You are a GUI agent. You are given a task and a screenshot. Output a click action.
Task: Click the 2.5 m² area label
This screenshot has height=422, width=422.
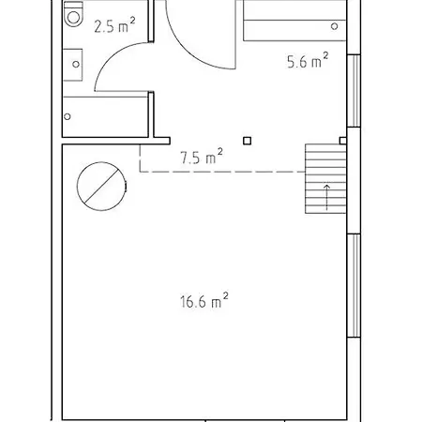[x=114, y=25]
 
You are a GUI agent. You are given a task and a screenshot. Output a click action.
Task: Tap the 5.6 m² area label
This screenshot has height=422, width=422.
[x=308, y=61]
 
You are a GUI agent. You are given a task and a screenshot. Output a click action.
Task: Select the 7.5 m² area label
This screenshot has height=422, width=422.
[x=202, y=157]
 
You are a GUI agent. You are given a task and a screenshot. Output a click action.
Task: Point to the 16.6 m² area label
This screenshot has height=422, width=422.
[x=203, y=301]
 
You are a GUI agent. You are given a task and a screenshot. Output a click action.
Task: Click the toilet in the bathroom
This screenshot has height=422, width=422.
[x=73, y=14]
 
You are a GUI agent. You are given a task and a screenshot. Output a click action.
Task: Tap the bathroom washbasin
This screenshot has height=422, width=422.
[x=73, y=65]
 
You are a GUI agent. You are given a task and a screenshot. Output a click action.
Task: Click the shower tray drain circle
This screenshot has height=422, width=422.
[x=68, y=116]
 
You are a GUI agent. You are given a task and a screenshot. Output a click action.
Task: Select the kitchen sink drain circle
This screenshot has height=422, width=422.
[x=334, y=26]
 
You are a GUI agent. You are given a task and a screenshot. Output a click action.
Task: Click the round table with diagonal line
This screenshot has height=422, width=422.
[x=101, y=187]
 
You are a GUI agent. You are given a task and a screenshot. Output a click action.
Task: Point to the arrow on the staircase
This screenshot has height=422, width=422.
[x=326, y=197]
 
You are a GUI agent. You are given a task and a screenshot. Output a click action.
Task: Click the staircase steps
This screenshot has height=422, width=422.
[x=325, y=179]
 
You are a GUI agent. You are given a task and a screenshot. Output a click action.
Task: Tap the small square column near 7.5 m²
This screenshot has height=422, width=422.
[x=247, y=141]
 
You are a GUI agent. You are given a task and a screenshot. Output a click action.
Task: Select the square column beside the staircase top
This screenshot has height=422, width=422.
[x=343, y=141]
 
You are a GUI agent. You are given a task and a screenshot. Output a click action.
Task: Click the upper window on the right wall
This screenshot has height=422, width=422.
[x=354, y=91]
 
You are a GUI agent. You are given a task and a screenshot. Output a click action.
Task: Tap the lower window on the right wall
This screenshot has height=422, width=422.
[x=354, y=285]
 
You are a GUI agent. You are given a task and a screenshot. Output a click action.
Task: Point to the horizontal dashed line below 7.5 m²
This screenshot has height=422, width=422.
[x=222, y=172]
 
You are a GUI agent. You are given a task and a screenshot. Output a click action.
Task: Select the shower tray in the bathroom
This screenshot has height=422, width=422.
[x=105, y=116]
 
